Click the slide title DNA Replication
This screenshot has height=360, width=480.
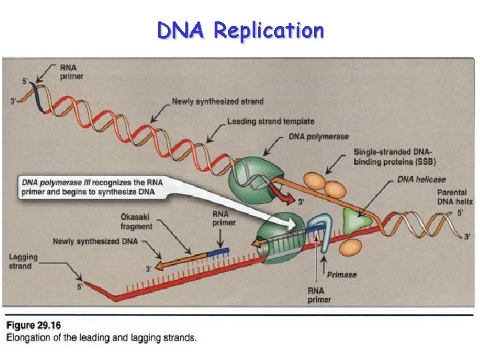click(x=240, y=30)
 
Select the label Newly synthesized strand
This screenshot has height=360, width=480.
click(x=217, y=101)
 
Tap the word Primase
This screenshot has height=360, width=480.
click(x=341, y=274)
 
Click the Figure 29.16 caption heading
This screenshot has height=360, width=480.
click(x=33, y=325)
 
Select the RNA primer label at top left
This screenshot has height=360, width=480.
click(x=68, y=71)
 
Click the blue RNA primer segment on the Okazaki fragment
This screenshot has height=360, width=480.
click(x=217, y=253)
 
